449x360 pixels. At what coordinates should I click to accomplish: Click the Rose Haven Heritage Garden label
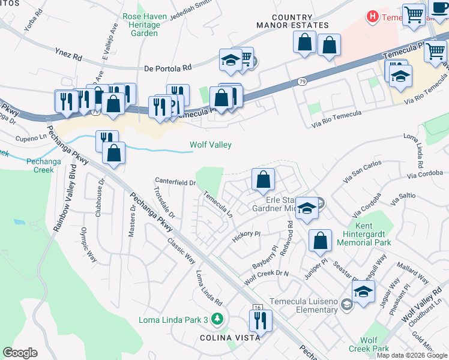coord(141,25)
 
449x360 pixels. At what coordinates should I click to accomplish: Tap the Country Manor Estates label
coord(292,22)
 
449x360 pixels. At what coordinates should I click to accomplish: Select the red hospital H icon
coord(373,17)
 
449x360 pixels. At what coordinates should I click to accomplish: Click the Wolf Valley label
coord(211,145)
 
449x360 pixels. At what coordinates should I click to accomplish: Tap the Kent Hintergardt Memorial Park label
coord(364,238)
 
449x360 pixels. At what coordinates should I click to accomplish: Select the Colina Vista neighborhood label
coord(230,338)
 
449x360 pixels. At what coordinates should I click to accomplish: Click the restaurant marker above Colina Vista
coord(261,320)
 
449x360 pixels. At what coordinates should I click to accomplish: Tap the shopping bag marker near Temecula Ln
coord(263,179)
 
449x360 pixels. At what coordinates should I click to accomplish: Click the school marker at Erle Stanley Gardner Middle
coord(307,208)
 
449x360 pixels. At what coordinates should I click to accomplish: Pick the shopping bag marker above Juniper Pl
coord(321,241)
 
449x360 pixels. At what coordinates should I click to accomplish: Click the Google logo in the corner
coord(20,353)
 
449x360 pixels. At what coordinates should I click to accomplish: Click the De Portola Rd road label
coord(167,68)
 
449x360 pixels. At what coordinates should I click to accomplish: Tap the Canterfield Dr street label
coord(175,181)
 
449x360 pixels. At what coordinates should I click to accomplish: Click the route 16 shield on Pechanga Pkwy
coord(257,307)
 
